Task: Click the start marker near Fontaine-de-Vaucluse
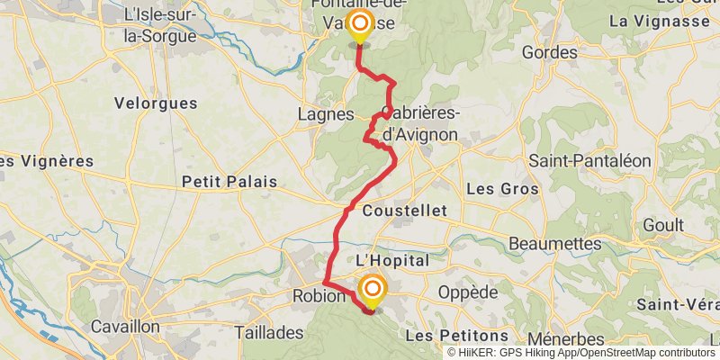[x=359, y=25]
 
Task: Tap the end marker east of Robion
[x=372, y=291]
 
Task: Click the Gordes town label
[x=549, y=53]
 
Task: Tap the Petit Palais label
[x=229, y=182]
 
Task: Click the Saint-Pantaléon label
[x=589, y=161]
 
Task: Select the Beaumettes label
[x=555, y=244]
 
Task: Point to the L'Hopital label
[x=392, y=259]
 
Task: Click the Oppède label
[x=467, y=293]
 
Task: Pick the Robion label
[x=319, y=296]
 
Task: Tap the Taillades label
[x=269, y=332]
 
